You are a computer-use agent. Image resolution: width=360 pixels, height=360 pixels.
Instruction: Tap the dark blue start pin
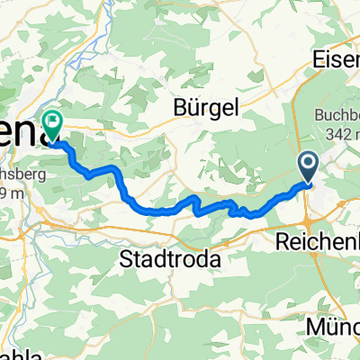point(307,166)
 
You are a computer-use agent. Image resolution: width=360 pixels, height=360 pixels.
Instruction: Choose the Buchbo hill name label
point(337,114)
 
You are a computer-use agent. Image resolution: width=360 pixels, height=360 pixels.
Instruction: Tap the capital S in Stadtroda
point(127,259)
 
